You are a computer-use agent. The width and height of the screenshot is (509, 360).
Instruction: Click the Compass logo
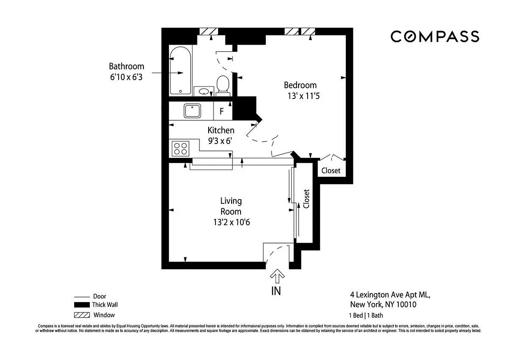[434, 36]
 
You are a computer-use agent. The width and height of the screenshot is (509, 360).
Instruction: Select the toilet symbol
[223, 85]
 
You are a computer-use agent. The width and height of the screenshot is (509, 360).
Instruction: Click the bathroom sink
[204, 92]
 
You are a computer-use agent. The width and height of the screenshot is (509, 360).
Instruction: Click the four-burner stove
[181, 148]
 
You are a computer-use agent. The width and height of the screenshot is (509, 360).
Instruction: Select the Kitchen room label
[220, 130]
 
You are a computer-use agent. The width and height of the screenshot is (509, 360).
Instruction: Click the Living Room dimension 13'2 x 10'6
[231, 222]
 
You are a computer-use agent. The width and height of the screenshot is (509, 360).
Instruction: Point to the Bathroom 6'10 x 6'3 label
[126, 72]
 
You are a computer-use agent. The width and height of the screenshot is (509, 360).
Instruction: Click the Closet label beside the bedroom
[331, 171]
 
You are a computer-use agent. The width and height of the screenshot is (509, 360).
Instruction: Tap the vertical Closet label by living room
[307, 198]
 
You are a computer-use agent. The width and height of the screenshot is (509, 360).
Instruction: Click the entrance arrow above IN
[277, 276]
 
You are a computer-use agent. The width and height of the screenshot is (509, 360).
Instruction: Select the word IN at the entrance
[276, 291]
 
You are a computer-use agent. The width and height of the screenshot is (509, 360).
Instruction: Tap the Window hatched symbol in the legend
[81, 315]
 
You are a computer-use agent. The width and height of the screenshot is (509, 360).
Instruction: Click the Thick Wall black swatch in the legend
[81, 305]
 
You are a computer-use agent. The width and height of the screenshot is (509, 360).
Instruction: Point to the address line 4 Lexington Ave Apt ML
[390, 295]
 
